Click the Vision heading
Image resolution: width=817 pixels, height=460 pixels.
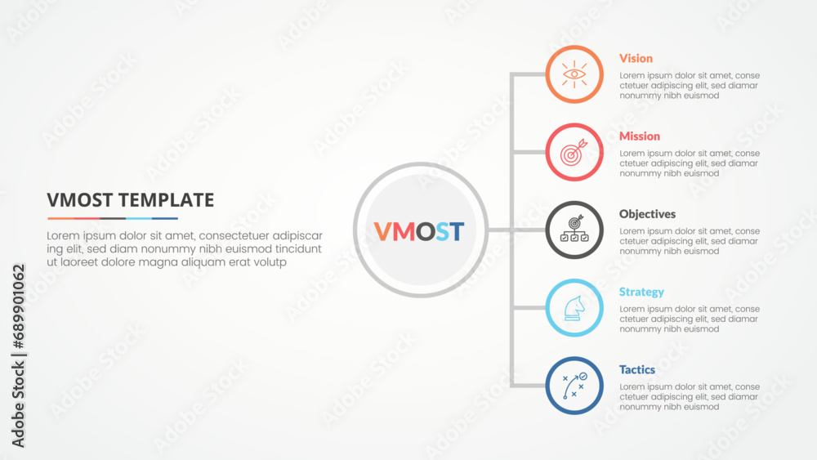[636, 59]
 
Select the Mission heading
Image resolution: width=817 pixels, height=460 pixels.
[639, 136]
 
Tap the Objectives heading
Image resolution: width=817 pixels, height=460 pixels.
[647, 214]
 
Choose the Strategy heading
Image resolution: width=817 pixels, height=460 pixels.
[641, 292]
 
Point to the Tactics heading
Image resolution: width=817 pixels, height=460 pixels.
[636, 369]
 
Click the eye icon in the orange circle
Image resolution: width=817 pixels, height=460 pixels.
[574, 74]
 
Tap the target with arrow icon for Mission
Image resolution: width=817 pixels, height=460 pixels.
[574, 152]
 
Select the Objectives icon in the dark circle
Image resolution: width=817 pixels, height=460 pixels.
[574, 230]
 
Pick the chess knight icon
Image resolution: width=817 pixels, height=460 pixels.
[574, 307]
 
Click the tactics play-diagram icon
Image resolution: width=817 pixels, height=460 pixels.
[574, 385]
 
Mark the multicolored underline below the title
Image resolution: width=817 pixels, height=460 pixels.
[113, 218]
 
